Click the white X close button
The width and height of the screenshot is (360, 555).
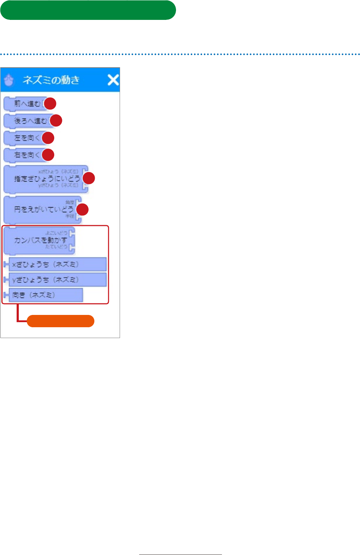point(113,80)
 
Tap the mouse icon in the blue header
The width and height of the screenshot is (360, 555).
point(9,80)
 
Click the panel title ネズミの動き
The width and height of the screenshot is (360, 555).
point(51,80)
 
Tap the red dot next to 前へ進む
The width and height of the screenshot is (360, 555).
point(50,103)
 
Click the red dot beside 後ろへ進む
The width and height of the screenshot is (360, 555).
point(56,120)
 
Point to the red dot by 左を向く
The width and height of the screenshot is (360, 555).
point(48,138)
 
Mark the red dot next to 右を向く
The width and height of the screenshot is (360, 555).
point(48,155)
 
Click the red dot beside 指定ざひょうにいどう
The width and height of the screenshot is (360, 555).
point(89,178)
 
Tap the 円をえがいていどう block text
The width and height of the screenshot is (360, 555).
point(43,209)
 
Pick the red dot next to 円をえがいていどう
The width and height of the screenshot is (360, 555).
point(82,209)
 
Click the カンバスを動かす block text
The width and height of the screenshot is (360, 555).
point(40,240)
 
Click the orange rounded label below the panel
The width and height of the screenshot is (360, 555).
point(60,321)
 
